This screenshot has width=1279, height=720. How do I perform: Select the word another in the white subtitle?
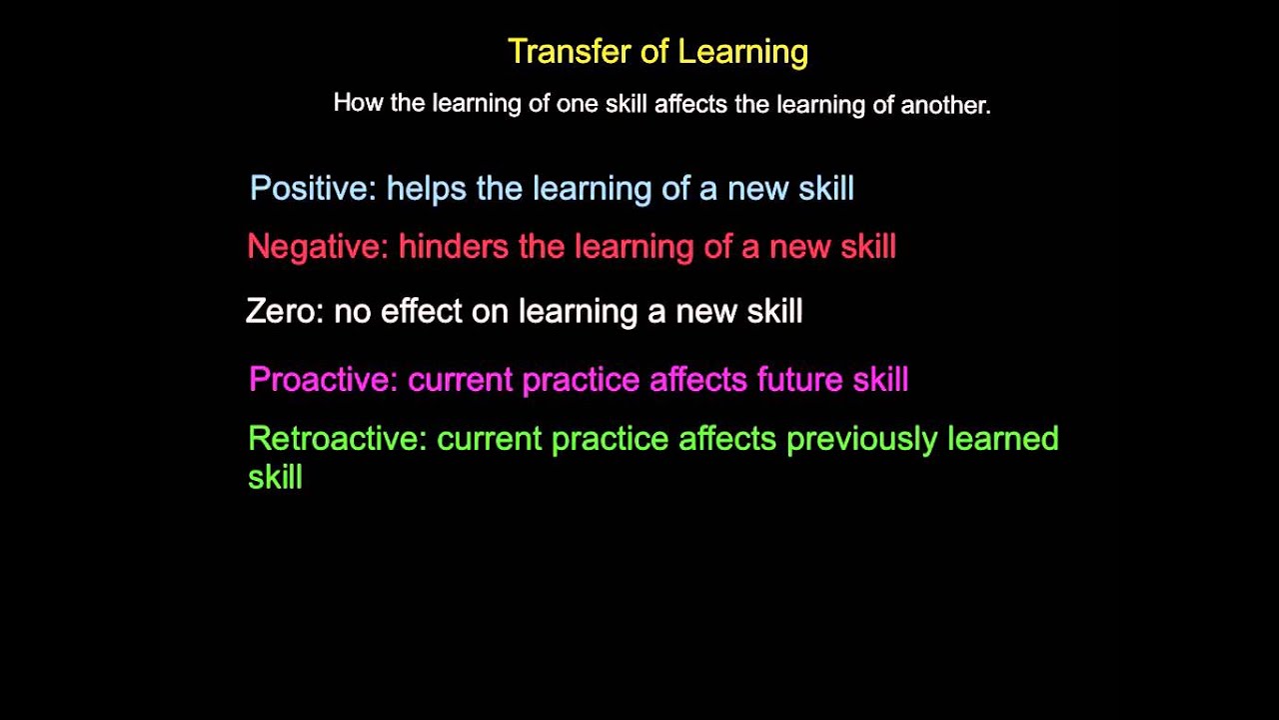pyautogui.click(x=945, y=105)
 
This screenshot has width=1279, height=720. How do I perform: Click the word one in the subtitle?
pyautogui.click(x=577, y=104)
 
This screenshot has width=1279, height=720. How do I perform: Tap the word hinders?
pyautogui.click(x=453, y=247)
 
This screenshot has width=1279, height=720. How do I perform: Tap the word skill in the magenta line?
pyautogui.click(x=880, y=380)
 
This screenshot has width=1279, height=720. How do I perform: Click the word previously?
pyautogui.click(x=861, y=439)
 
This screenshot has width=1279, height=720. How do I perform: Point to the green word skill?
pyautogui.click(x=275, y=477)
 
